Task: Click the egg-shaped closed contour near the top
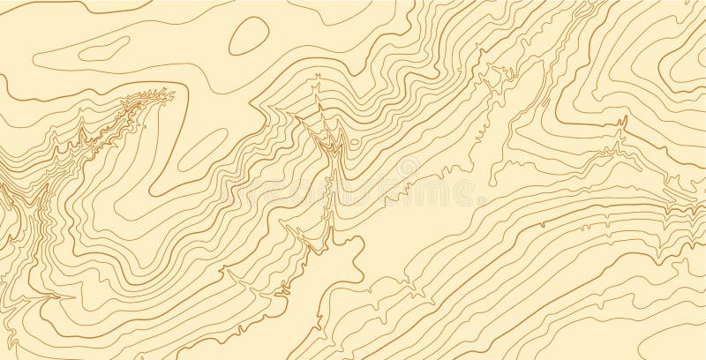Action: click(x=250, y=36)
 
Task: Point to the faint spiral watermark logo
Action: click(x=407, y=167)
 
